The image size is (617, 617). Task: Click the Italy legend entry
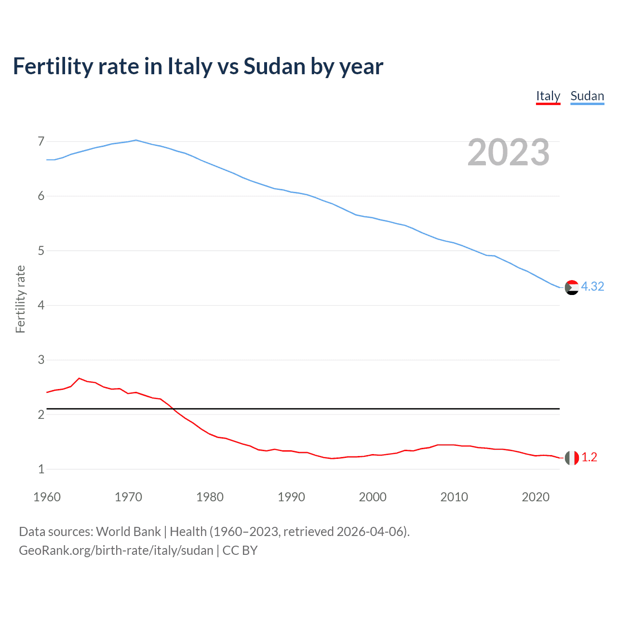tap(548, 96)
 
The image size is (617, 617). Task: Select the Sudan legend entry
tap(587, 96)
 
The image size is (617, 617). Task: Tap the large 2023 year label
tap(509, 152)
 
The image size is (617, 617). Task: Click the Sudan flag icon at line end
tap(572, 287)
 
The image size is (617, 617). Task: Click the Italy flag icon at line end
tap(572, 457)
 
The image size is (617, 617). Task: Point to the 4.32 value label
tap(592, 286)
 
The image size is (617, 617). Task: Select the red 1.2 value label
tap(589, 457)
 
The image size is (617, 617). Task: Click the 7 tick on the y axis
tap(41, 141)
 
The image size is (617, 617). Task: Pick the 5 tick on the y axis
tap(41, 251)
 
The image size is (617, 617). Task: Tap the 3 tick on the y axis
tap(41, 360)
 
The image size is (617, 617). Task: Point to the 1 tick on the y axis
tap(41, 469)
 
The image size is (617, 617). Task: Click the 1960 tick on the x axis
tap(47, 497)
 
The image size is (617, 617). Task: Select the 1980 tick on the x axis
tap(210, 497)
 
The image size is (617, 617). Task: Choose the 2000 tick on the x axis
tap(373, 497)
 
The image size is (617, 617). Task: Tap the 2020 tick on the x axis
tap(536, 497)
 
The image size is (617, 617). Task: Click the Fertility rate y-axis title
tap(20, 299)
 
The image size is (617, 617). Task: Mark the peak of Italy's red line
tap(80, 378)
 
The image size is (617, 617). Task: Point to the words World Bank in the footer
tap(128, 531)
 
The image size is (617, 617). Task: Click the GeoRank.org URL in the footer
tap(116, 550)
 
